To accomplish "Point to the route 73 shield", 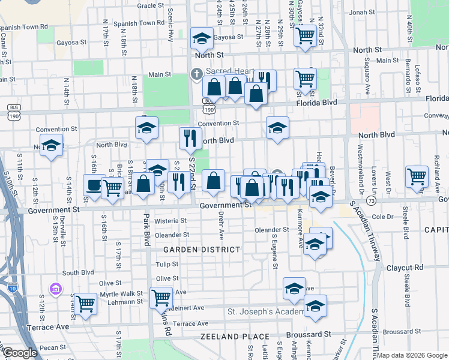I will click(x=373, y=200).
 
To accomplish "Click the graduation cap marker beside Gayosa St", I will click(x=202, y=38).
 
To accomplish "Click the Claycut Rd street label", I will click(x=405, y=267).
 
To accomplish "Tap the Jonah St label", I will click(x=361, y=11).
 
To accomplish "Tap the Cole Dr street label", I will click(x=382, y=216).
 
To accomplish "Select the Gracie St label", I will click(x=151, y=5).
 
